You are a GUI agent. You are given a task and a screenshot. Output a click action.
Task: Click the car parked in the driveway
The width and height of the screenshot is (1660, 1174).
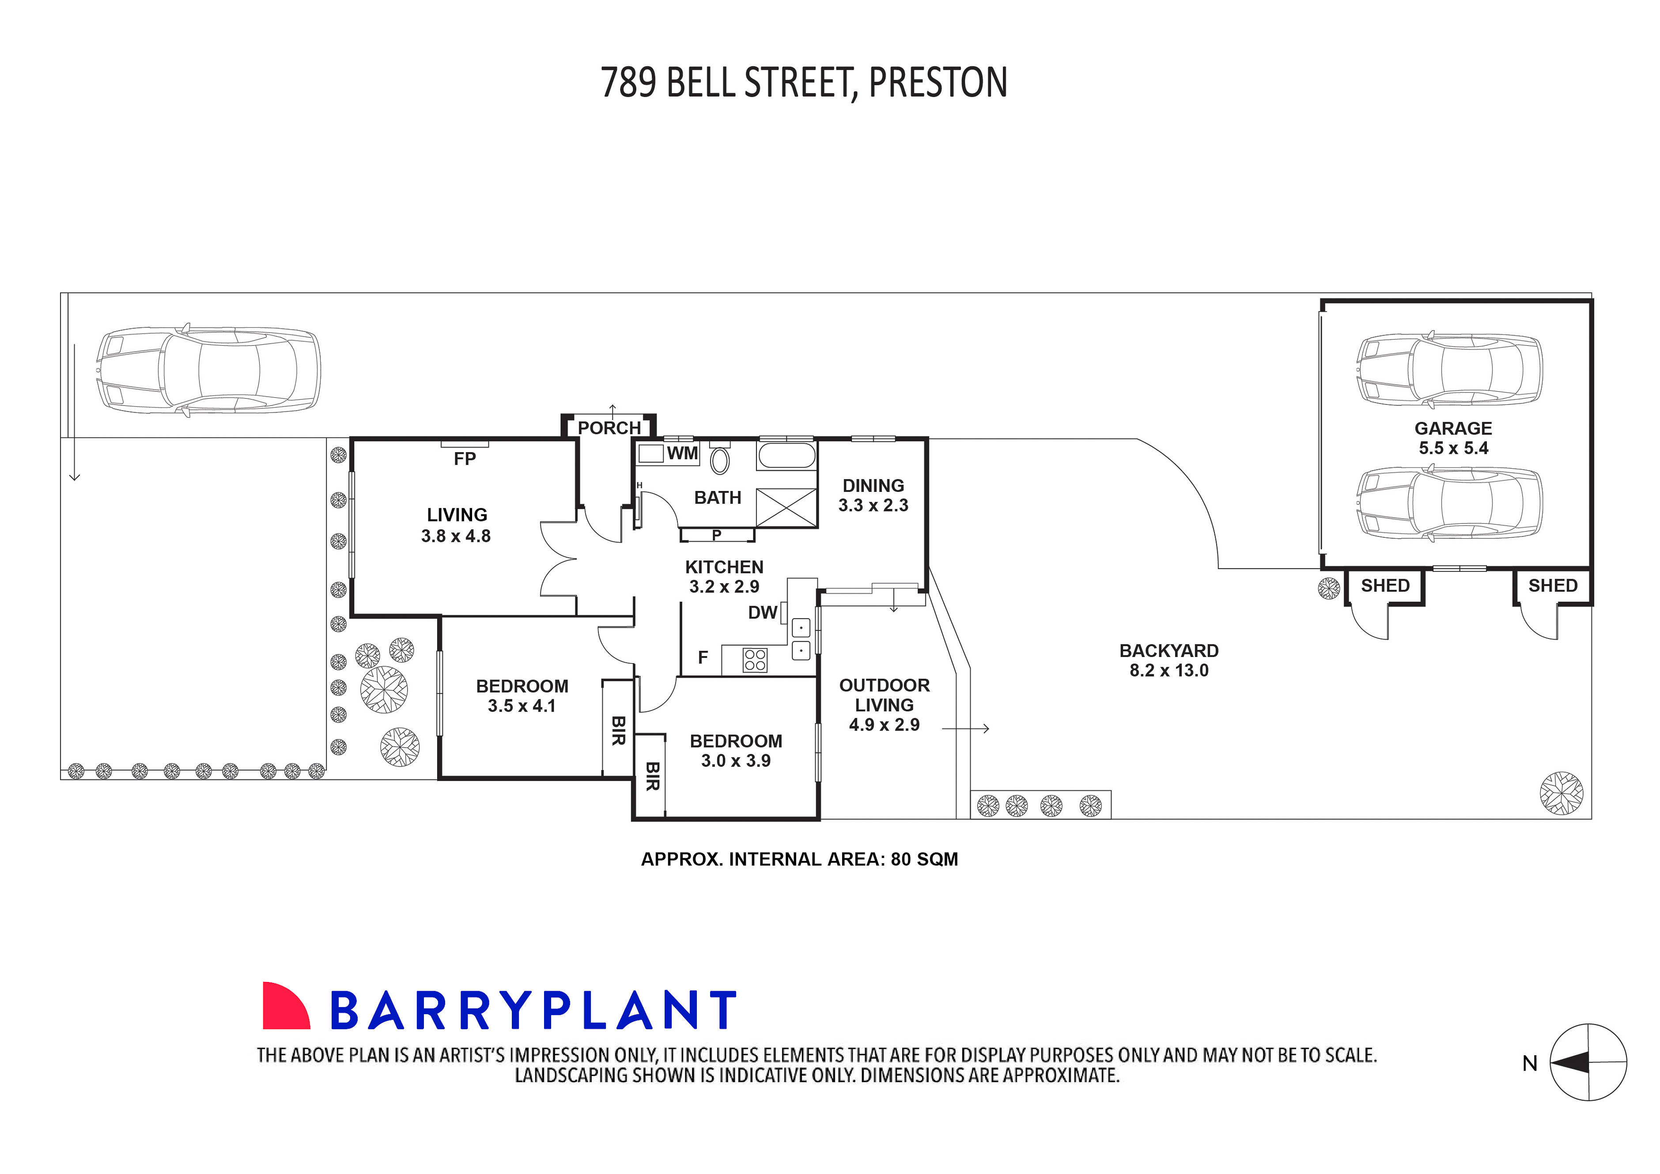(x=208, y=370)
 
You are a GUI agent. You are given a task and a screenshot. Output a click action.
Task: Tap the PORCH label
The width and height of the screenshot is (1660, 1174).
(x=609, y=428)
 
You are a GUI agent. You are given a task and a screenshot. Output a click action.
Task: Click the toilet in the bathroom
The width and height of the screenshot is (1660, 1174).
(x=719, y=460)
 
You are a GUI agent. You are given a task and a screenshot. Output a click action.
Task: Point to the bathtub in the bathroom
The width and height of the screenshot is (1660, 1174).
(x=786, y=456)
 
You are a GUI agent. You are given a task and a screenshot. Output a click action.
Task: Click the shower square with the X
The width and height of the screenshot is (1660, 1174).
(x=786, y=507)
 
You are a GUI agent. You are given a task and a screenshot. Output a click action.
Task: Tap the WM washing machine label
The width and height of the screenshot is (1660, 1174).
(x=682, y=453)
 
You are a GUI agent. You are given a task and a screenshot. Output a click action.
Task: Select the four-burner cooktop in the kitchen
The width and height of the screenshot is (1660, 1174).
(x=755, y=660)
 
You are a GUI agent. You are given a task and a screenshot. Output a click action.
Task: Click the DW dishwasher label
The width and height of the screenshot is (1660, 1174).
(x=762, y=613)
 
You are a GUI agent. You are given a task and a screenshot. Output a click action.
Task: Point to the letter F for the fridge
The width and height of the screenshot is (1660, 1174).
(x=703, y=657)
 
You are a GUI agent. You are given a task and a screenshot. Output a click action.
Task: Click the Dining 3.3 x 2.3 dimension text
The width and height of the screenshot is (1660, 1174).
(x=873, y=505)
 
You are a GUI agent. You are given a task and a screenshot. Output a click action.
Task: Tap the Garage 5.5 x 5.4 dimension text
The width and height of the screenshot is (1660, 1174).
(x=1453, y=448)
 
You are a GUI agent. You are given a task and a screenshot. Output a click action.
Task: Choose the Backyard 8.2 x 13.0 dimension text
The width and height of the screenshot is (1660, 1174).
(x=1169, y=671)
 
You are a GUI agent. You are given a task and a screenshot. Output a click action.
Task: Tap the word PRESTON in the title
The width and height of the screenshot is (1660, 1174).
(x=938, y=83)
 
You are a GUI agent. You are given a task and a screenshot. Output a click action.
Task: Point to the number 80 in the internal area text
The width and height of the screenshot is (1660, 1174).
(x=900, y=860)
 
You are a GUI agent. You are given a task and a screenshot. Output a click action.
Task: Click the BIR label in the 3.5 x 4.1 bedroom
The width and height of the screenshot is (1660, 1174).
(x=618, y=731)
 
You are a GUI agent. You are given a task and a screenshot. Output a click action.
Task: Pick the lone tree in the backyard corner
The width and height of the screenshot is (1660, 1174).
(x=1562, y=793)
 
